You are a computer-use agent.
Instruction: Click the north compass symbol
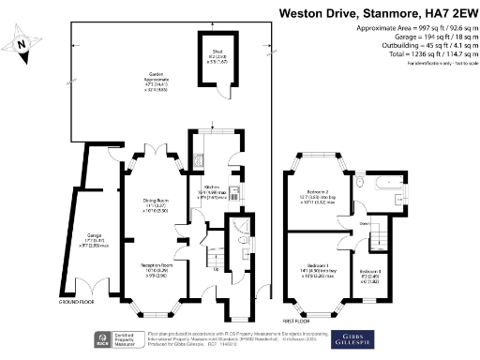22,41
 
